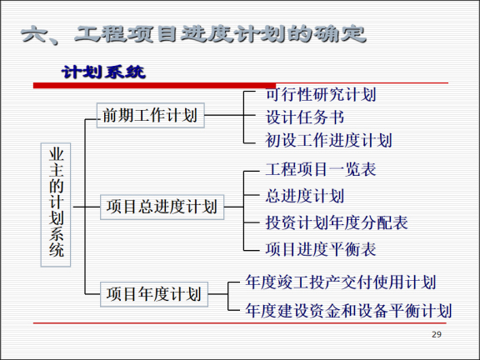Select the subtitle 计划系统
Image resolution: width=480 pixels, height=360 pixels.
(x=103, y=72)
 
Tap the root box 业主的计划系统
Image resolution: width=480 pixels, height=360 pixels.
(x=56, y=202)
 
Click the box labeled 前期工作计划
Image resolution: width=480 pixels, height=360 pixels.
(x=151, y=115)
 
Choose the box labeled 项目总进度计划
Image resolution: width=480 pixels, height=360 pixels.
(x=162, y=206)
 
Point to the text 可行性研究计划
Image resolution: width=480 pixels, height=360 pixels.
(x=321, y=94)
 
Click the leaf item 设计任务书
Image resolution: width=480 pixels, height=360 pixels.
(x=305, y=117)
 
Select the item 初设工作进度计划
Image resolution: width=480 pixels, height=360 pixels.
(x=328, y=140)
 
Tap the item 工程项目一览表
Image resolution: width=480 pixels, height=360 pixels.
(x=321, y=170)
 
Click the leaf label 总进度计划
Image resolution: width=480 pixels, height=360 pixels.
(x=305, y=197)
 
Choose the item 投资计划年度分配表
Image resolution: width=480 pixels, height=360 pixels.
(x=337, y=222)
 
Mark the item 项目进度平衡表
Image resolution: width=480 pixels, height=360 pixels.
(x=321, y=248)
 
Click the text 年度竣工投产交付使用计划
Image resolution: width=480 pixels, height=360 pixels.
(x=341, y=283)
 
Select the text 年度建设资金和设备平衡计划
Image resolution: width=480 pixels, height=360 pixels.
(x=348, y=311)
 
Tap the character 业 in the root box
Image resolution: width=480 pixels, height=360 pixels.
(x=56, y=156)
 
